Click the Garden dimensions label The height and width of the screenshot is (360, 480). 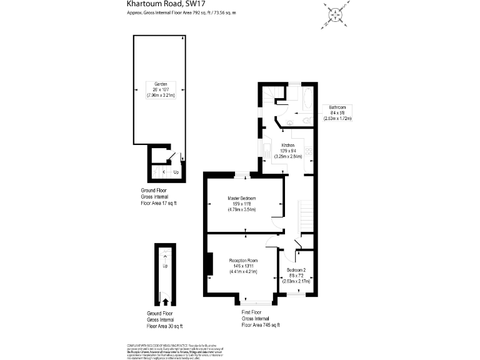pos(161,90)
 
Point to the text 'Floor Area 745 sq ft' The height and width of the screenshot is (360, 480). pos(261,325)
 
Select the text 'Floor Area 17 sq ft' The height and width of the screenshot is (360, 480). pos(159,203)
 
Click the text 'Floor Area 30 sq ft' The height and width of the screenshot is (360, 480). pos(165,326)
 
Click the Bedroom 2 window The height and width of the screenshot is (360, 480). pos(296,295)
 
